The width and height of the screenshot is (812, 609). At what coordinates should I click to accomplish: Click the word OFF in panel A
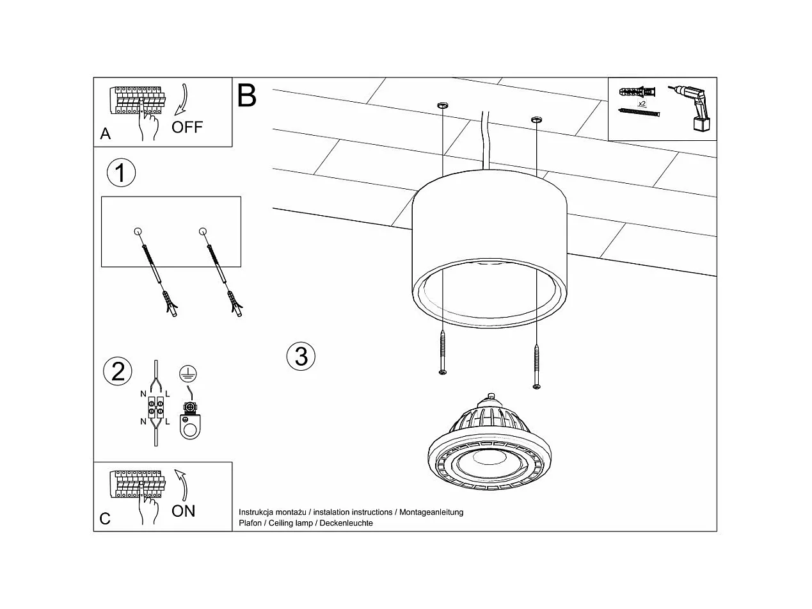click(187, 127)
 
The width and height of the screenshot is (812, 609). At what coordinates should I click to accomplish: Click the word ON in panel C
click(184, 511)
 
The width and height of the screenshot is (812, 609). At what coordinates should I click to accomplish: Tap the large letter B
click(247, 95)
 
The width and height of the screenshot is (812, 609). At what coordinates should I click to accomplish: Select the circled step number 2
click(118, 371)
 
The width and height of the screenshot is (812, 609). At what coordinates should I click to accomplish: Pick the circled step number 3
click(301, 355)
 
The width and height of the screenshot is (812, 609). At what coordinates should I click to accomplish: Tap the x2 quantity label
click(641, 102)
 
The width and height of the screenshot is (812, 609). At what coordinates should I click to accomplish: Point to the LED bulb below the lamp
click(490, 449)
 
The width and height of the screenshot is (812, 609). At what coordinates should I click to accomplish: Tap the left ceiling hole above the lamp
click(442, 104)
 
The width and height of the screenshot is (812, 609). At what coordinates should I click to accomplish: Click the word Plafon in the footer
click(250, 523)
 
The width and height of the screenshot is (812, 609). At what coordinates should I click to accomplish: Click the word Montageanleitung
click(431, 512)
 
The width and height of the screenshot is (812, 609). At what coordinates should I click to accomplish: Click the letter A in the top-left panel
click(106, 134)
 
